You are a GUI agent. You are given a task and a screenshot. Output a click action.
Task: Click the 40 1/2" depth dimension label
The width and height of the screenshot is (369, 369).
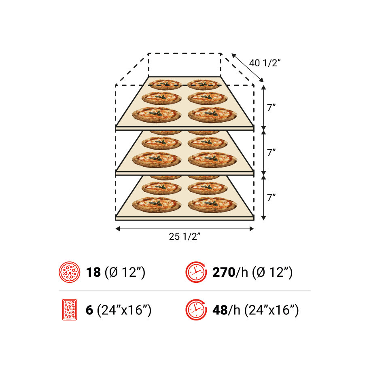(265, 63)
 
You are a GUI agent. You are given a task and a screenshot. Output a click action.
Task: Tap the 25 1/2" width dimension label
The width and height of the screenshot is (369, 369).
(184, 237)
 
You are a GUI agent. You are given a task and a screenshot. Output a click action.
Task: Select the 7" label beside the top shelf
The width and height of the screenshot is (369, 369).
(271, 108)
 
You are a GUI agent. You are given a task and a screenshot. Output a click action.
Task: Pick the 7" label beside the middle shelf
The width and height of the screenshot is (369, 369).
(271, 153)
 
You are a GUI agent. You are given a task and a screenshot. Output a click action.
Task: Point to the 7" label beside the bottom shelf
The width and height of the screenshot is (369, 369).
(271, 197)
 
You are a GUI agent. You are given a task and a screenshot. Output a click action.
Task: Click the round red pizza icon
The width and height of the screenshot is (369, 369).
(70, 272)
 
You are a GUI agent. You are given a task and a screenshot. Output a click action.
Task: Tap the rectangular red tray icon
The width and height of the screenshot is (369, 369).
(70, 310)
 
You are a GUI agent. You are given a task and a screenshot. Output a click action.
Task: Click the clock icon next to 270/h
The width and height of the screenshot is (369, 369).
(196, 272)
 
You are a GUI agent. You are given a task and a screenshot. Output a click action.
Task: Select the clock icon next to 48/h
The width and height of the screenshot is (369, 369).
(196, 310)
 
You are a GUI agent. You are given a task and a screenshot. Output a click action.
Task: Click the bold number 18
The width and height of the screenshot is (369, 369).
(93, 272)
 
